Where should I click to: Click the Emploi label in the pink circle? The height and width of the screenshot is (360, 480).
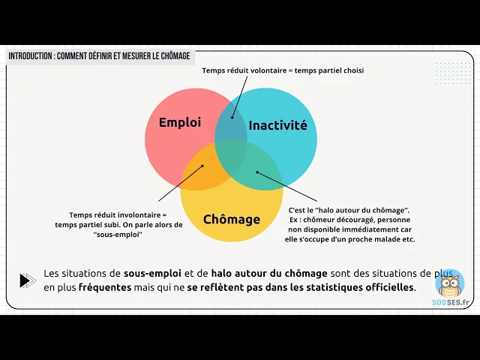tap(180, 122)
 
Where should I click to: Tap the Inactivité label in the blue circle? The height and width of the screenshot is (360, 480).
tap(277, 125)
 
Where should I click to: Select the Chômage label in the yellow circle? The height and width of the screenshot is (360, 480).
tap(232, 220)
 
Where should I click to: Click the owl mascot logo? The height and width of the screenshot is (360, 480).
tap(450, 284)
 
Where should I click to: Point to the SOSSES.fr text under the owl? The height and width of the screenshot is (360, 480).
tap(450, 302)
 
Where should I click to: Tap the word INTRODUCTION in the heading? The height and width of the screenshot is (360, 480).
tap(29, 56)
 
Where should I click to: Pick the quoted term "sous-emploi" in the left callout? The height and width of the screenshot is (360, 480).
tap(118, 235)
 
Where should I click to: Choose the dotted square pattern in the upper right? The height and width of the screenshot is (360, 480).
tap(451, 73)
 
